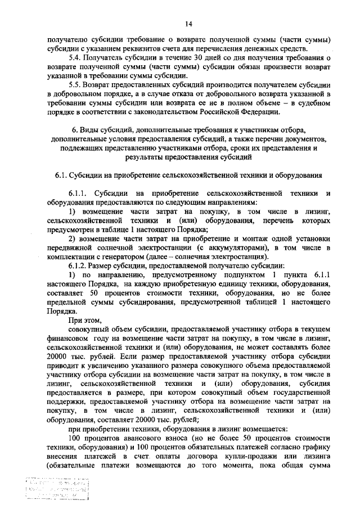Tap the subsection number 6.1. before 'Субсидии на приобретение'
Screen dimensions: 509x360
tap(62, 175)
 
